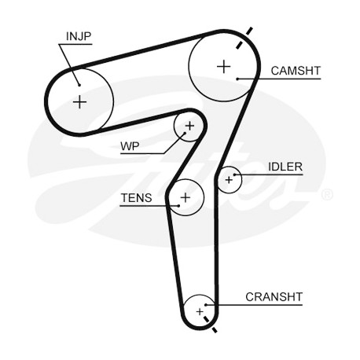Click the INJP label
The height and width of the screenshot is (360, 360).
point(79,36)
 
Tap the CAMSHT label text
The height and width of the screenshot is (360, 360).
point(296,71)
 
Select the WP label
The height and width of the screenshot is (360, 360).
point(130,146)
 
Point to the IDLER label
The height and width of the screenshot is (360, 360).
point(285,167)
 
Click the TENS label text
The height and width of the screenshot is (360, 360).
point(136,198)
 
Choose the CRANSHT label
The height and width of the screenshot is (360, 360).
point(274,297)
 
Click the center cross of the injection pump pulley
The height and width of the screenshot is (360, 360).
point(79,101)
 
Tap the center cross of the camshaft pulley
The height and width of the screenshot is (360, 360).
point(224,66)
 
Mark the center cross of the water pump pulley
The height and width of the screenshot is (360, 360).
point(189,126)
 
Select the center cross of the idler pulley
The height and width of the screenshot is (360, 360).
point(229,180)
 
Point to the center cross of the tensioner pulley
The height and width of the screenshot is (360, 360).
point(186,197)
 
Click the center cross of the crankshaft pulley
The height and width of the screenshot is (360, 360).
point(200,311)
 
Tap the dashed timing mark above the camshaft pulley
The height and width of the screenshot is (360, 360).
point(244,38)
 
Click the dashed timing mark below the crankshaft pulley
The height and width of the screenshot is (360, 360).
point(211,325)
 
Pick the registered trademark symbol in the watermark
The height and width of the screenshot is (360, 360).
point(327,195)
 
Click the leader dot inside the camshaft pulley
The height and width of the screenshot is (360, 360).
point(237,79)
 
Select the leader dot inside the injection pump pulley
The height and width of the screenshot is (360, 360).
point(79,85)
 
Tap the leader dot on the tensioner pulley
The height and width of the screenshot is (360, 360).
point(178,206)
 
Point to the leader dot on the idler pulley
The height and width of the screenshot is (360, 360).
point(235,174)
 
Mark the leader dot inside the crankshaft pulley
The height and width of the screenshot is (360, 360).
point(206,305)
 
